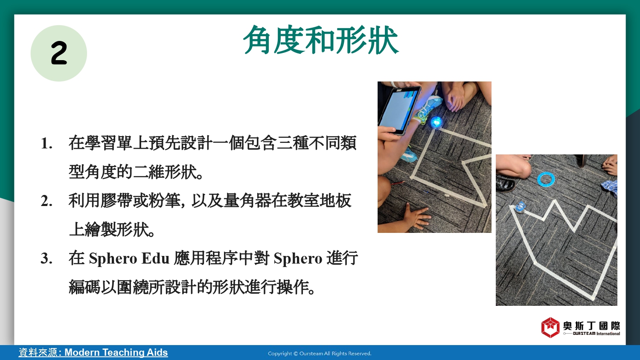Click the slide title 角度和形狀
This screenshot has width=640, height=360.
pyautogui.click(x=321, y=40)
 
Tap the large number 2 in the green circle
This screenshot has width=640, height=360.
pyautogui.click(x=59, y=53)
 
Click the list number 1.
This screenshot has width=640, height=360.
pyautogui.click(x=46, y=143)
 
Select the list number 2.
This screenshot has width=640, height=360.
pyautogui.click(x=46, y=201)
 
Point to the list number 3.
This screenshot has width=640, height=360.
pyautogui.click(x=46, y=258)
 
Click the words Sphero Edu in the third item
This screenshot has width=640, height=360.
pyautogui.click(x=129, y=258)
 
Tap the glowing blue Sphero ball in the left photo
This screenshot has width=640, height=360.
pyautogui.click(x=436, y=122)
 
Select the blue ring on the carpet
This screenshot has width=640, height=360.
pyautogui.click(x=546, y=180)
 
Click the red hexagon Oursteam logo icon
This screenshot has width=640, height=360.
pyautogui.click(x=550, y=327)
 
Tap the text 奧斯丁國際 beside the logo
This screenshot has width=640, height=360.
pyautogui.click(x=592, y=326)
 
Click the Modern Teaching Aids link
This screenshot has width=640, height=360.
pyautogui.click(x=116, y=352)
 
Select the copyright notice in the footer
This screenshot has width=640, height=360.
pyautogui.click(x=320, y=354)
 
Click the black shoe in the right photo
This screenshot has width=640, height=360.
pyautogui.click(x=506, y=183)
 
